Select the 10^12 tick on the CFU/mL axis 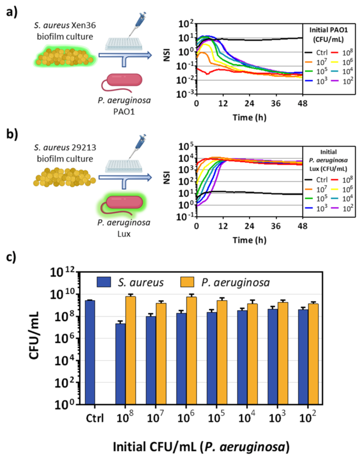pyautogui.click(x=63, y=272)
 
